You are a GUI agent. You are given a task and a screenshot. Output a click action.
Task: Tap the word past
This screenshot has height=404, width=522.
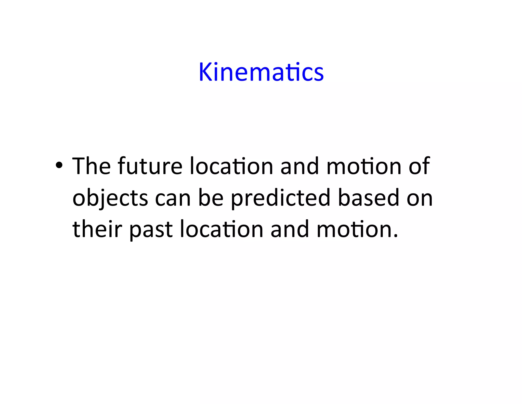coord(151,229)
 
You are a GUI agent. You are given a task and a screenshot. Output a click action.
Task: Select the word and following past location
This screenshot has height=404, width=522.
coord(290,229)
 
